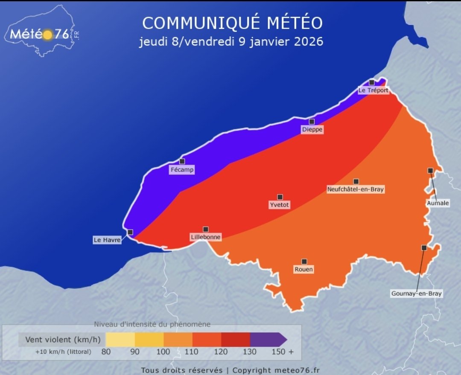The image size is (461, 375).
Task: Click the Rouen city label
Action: tap(303, 270)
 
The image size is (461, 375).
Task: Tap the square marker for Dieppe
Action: tap(312, 122)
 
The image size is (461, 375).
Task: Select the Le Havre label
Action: tap(107, 240)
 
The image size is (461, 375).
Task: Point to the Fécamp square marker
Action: tap(182, 161)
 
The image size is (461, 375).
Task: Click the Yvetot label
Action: tap(280, 205)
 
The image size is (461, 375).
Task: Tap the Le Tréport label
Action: tap(373, 90)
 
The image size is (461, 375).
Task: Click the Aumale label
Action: tap(438, 203)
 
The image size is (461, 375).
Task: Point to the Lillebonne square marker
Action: tap(206, 229)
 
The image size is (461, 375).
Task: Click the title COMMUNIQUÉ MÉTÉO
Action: tap(232, 23)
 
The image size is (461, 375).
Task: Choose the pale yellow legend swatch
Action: tap(120, 340)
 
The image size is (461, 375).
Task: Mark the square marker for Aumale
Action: tap(430, 171)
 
